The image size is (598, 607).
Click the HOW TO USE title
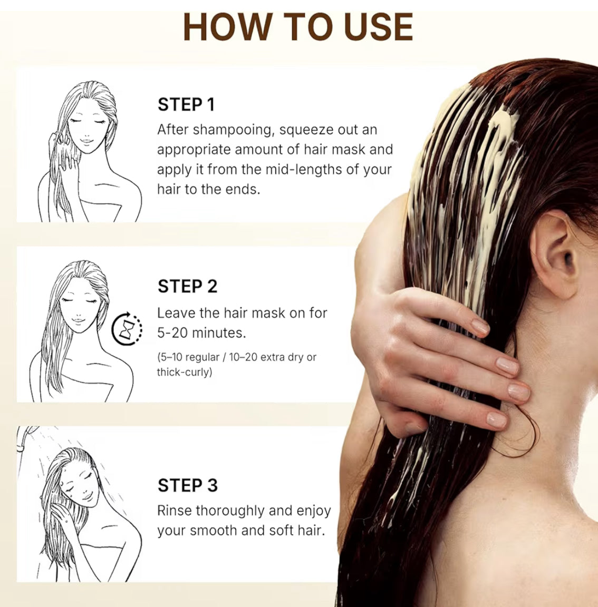[x=298, y=27]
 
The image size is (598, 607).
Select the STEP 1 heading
[x=186, y=104]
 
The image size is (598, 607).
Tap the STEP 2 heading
[x=187, y=286]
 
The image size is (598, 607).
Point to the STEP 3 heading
[x=187, y=485]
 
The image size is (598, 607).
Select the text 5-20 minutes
[x=201, y=333]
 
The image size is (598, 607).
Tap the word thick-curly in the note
[x=184, y=372]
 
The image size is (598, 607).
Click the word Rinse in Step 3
[x=175, y=511]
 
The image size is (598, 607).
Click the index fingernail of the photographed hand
[x=479, y=327]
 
